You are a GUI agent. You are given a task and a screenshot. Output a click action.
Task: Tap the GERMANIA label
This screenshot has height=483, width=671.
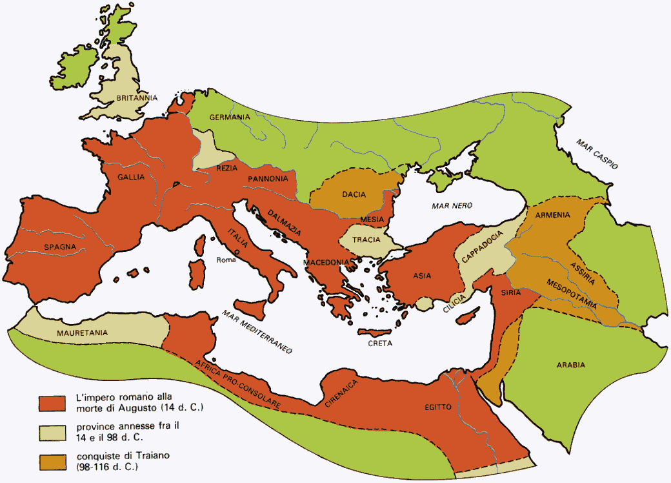(229, 117)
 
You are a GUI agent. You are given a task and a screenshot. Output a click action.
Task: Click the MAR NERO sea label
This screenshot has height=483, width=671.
(452, 205)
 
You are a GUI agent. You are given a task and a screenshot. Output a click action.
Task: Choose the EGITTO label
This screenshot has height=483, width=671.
(438, 407)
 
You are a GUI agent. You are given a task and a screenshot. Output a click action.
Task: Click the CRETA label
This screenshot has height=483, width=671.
(380, 344)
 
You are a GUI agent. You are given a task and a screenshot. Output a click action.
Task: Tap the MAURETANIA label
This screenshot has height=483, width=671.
(82, 333)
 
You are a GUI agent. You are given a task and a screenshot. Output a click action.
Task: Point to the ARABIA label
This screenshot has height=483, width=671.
(570, 365)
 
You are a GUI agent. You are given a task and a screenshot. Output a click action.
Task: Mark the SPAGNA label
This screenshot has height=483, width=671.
(60, 246)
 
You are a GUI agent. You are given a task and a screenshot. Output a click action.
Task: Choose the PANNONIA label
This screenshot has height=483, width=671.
(268, 179)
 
